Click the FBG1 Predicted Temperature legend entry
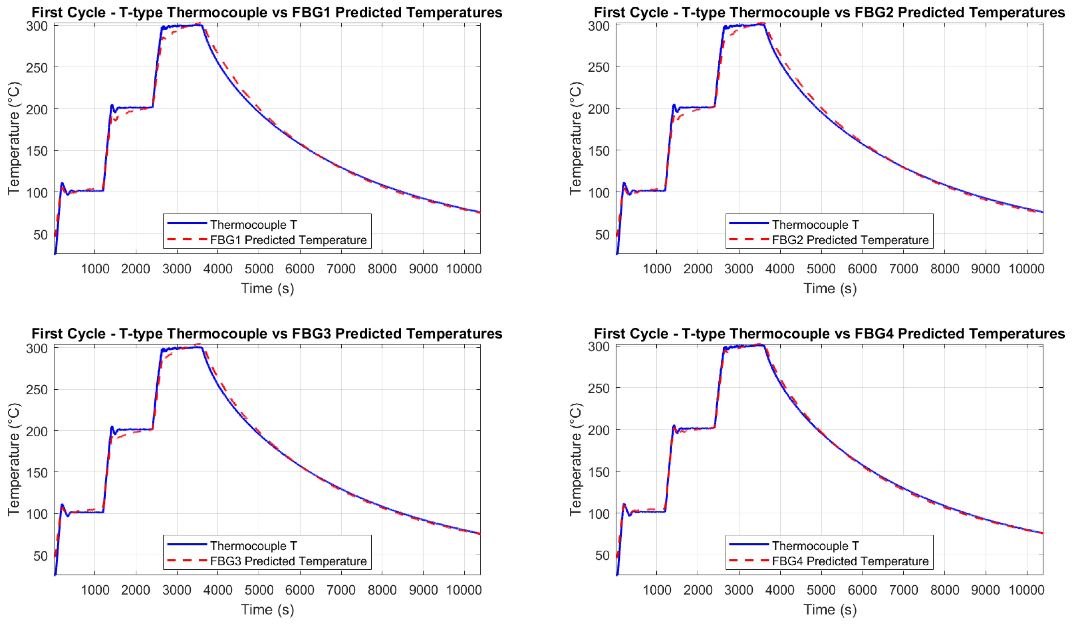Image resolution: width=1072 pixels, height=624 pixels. coord(288,240)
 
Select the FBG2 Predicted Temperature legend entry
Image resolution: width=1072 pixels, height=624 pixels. coord(850,240)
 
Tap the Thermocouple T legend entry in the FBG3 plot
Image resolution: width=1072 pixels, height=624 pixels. coord(254,546)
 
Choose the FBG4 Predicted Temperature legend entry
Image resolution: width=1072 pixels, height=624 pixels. coord(850,561)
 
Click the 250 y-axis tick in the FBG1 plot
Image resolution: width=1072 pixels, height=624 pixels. coord(37,67)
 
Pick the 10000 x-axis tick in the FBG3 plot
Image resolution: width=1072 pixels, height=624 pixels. coord(464,590)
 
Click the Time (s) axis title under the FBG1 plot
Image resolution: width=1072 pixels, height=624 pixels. coord(267,288)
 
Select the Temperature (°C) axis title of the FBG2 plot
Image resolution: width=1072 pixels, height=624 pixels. coord(575,138)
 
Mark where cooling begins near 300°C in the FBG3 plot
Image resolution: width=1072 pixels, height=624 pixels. coord(202,348)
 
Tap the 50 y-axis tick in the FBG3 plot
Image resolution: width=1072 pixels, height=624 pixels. coord(41,556)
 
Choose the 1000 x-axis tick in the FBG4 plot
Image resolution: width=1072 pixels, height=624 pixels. coord(657,590)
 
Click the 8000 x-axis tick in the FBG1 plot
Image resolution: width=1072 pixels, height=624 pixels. coord(382,269)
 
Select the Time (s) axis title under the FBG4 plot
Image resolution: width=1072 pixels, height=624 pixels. coord(830,609)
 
